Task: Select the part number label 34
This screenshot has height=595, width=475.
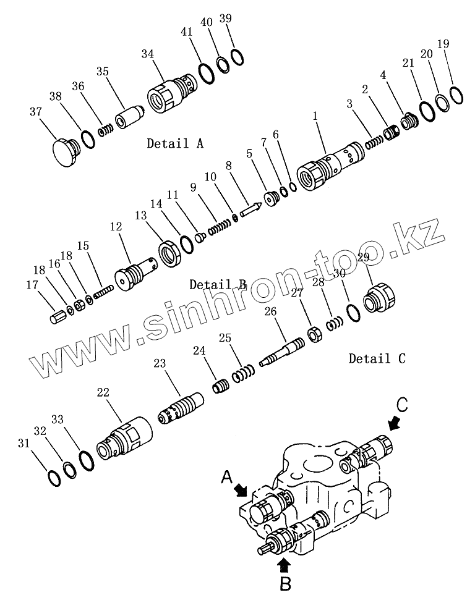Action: [x=147, y=54]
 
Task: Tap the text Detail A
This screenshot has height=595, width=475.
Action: [x=174, y=143]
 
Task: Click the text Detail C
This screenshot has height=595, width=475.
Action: [x=377, y=358]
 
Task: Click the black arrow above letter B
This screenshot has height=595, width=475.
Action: [x=284, y=563]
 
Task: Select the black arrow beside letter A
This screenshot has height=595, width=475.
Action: [x=240, y=490]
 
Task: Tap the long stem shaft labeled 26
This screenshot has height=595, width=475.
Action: [x=283, y=351]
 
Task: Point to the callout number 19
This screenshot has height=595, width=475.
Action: [x=443, y=43]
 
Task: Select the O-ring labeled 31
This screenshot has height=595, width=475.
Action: [x=54, y=478]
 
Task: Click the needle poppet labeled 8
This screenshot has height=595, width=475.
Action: [x=250, y=209]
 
